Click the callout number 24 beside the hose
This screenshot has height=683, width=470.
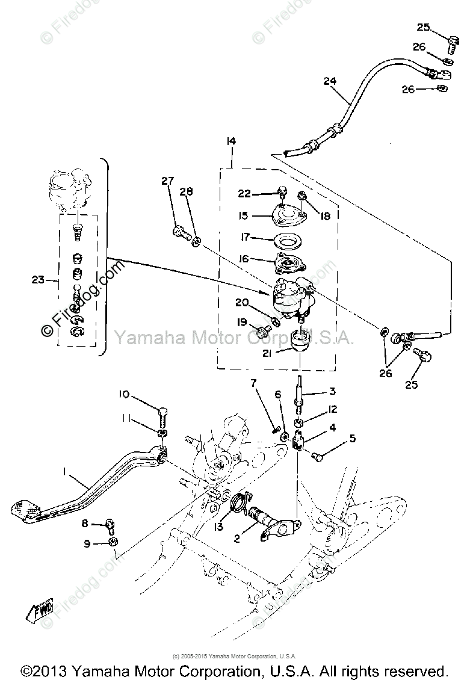(x=329, y=81)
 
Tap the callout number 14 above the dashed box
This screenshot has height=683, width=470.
(x=232, y=142)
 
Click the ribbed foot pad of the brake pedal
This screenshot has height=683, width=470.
(x=25, y=510)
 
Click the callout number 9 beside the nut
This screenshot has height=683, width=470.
(x=87, y=543)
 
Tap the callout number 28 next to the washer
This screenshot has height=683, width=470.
(x=187, y=191)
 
